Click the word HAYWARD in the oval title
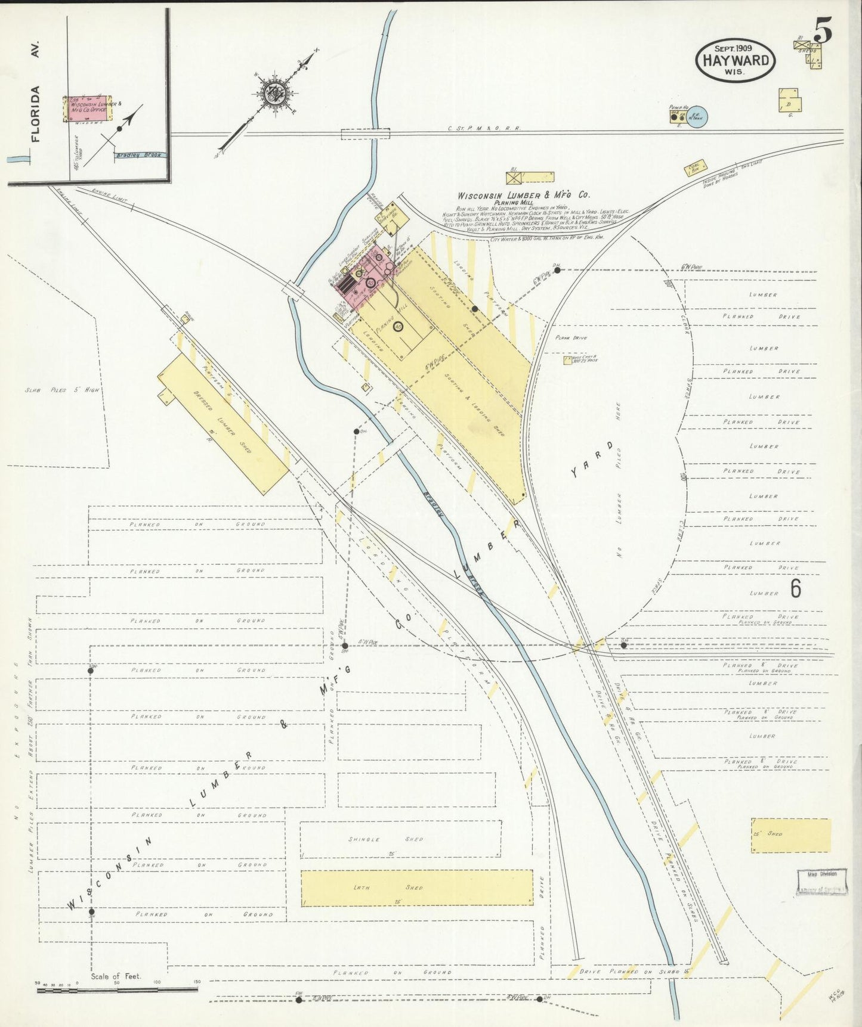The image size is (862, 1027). [x=735, y=60]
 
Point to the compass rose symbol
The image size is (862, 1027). [x=273, y=92]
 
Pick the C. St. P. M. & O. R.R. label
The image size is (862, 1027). [x=484, y=128]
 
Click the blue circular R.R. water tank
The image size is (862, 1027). [x=697, y=116]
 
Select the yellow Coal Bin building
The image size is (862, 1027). [x=696, y=168]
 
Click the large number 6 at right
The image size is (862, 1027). [x=796, y=589]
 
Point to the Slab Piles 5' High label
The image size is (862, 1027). [x=62, y=390]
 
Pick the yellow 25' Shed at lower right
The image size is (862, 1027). [x=790, y=835]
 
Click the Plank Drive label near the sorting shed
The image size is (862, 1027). [x=571, y=338]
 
